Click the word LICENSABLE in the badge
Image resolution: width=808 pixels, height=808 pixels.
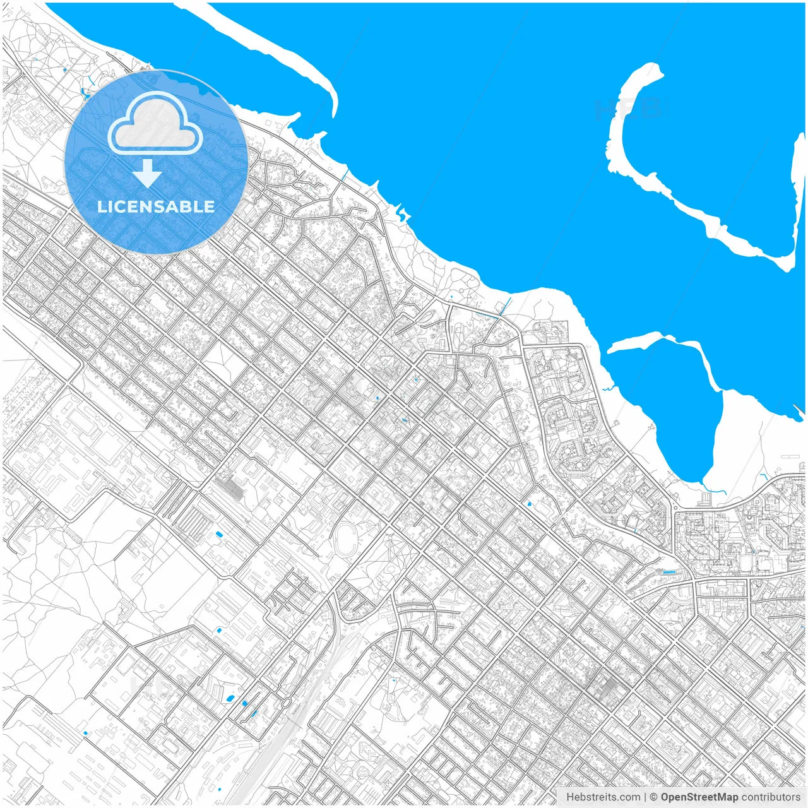coord(156,206)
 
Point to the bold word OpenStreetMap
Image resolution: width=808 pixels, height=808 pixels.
coord(699,797)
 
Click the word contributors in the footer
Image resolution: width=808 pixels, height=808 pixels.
coord(770,797)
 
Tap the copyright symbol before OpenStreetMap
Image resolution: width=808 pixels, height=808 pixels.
coord(654,797)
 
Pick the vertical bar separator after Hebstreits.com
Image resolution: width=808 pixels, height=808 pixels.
coord(645,797)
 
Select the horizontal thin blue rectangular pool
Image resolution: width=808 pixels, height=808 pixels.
coord(668,572)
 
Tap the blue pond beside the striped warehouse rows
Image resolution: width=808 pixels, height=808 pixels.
coord(220,535)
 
